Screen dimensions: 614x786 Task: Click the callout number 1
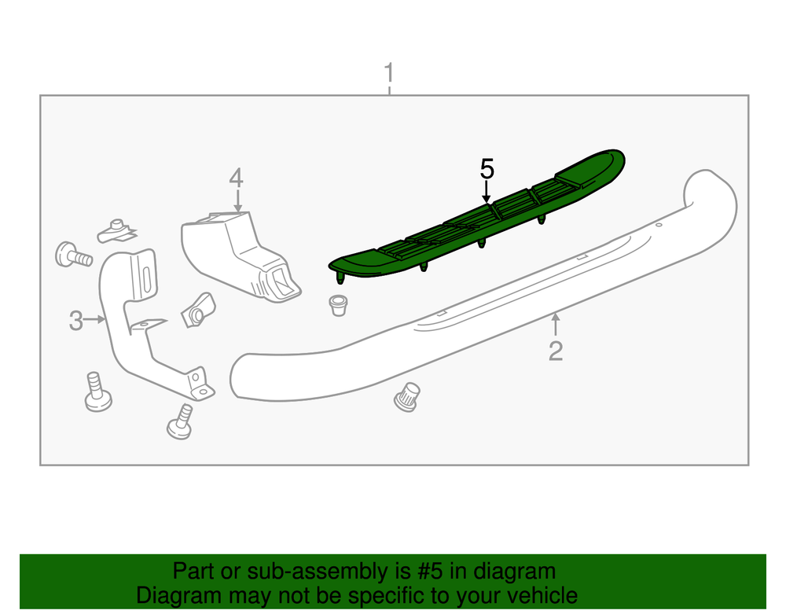click(388, 75)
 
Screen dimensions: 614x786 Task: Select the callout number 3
click(75, 320)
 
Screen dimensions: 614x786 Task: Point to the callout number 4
click(236, 178)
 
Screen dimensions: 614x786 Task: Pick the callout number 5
click(487, 168)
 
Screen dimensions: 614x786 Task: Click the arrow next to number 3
click(95, 319)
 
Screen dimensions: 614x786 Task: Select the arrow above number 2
click(556, 324)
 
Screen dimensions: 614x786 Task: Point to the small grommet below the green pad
click(338, 304)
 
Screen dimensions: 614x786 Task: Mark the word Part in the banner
click(191, 572)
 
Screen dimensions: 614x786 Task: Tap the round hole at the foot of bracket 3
click(204, 390)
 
